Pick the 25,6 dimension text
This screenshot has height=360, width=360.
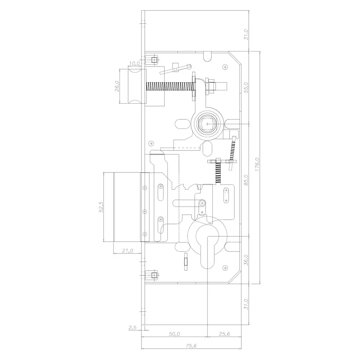pyautogui.click(x=224, y=334)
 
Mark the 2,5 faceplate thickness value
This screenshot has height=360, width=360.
pyautogui.click(x=132, y=328)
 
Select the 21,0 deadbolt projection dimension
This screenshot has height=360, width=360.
pyautogui.click(x=127, y=250)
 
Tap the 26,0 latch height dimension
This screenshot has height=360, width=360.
pyautogui.click(x=117, y=86)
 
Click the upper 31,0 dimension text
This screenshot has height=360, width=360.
pyautogui.click(x=246, y=35)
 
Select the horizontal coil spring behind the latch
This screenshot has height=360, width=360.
pyautogui.click(x=169, y=87)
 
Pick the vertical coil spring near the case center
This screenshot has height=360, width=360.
pyautogui.click(x=218, y=172)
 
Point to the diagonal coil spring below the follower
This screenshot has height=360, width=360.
pyautogui.click(x=233, y=149)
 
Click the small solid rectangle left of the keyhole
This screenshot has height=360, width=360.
pyautogui.click(x=185, y=261)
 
